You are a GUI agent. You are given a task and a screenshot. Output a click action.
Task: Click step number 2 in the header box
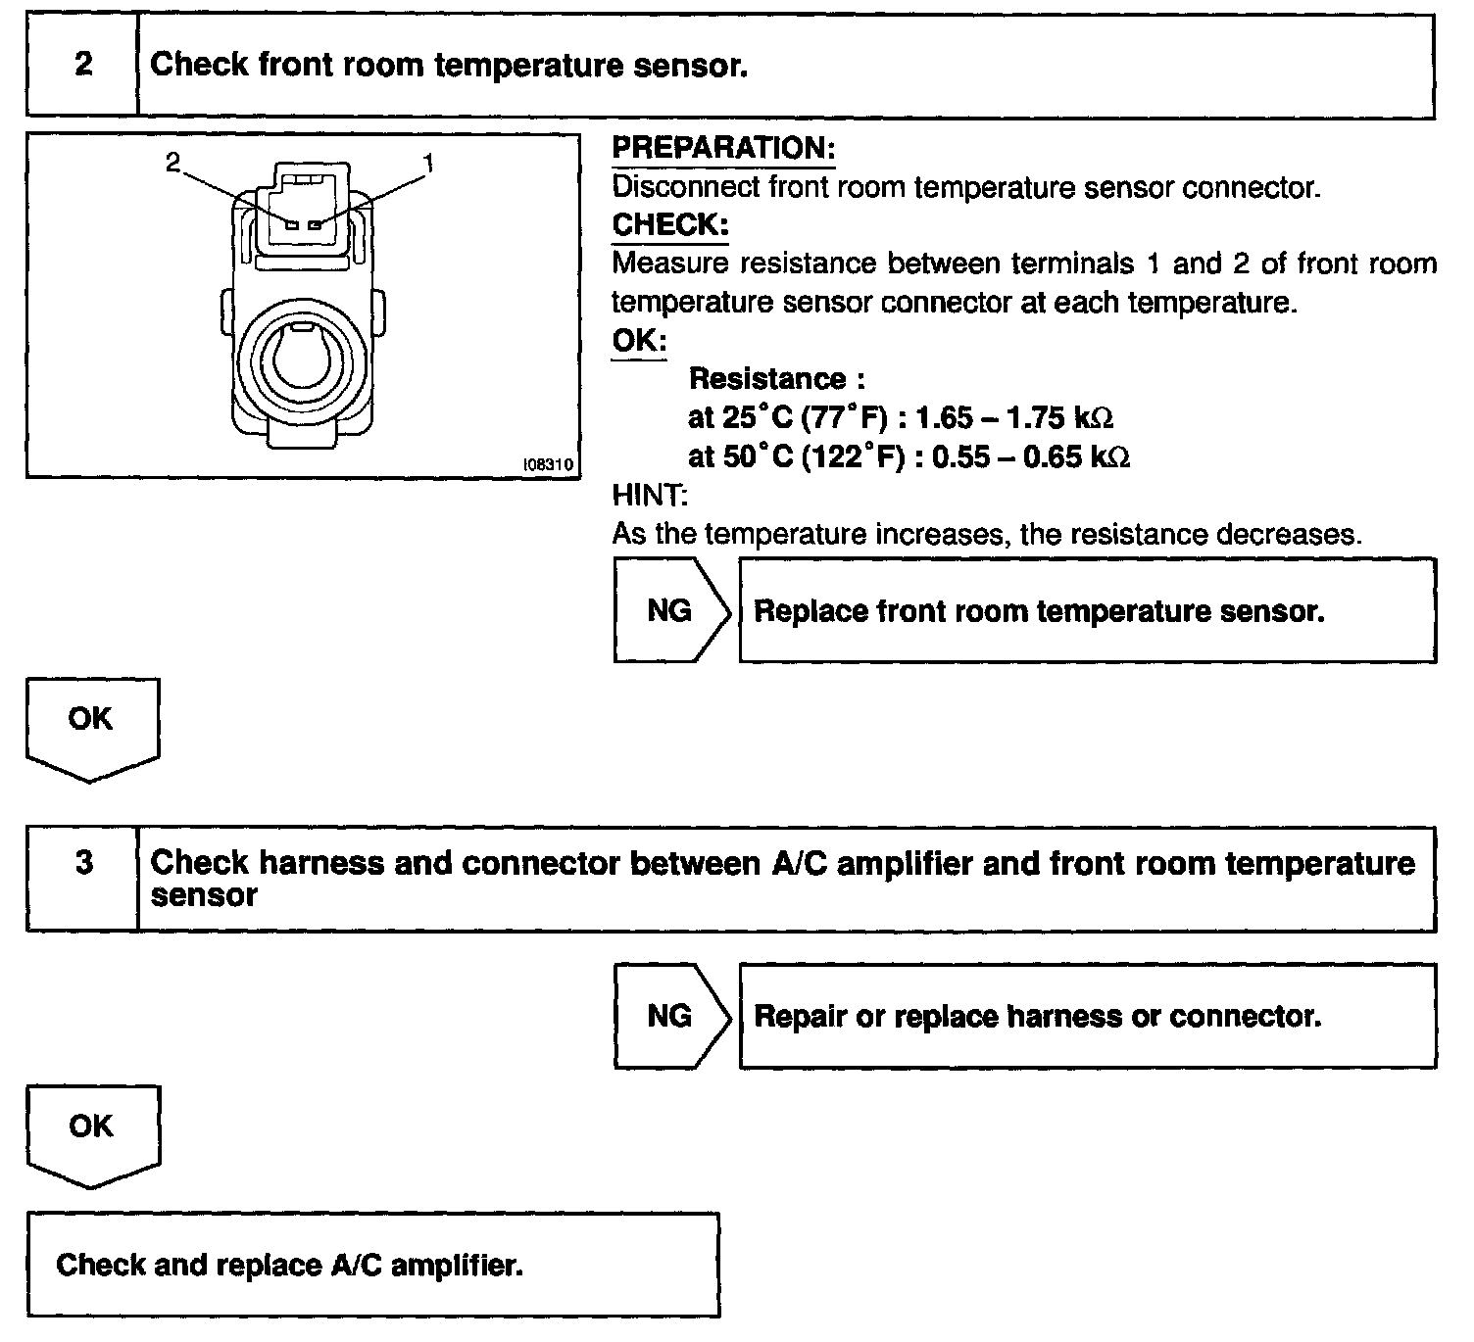tap(83, 65)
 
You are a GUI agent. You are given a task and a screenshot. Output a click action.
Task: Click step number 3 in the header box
tap(83, 863)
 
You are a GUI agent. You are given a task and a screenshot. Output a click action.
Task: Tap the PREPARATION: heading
tap(723, 149)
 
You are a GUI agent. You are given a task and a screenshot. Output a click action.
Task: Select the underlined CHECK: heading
tap(670, 225)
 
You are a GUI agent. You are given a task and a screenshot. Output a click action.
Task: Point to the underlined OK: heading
tap(639, 341)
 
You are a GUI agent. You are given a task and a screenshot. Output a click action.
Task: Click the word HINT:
tap(650, 496)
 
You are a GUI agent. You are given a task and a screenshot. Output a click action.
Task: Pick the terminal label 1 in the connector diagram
tap(427, 163)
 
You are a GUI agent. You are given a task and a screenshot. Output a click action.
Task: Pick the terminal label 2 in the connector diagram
tap(173, 163)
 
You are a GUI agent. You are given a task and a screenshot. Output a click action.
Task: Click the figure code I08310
tap(549, 465)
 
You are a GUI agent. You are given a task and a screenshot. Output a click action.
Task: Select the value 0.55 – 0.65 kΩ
tap(1030, 457)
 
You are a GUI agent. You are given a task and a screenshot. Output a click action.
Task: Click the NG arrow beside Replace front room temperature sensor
tap(670, 611)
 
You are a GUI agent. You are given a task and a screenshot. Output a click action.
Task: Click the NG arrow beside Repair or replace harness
tap(670, 1016)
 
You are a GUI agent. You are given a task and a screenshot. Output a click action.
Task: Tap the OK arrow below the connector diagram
tap(91, 726)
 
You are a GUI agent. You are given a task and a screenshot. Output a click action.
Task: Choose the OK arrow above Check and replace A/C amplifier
tap(91, 1132)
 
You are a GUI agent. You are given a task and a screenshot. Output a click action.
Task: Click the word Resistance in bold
tap(767, 379)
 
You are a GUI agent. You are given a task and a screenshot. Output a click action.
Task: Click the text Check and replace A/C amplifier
tap(290, 1265)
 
